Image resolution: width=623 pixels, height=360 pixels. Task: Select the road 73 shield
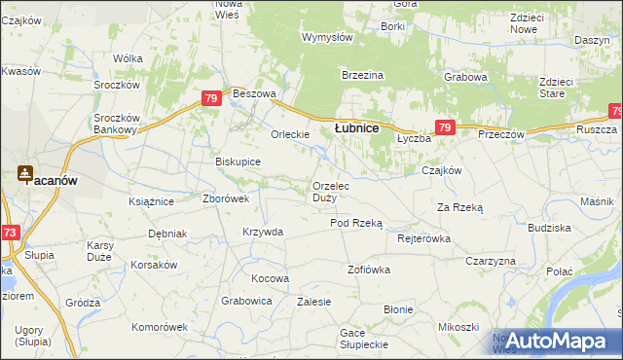10,233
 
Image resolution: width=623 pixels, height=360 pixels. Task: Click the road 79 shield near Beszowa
211,98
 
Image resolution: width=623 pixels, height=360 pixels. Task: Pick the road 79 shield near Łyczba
445,127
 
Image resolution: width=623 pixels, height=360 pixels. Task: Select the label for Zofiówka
368,269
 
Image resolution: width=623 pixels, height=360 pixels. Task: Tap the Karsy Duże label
101,249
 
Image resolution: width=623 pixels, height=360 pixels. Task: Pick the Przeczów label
501,134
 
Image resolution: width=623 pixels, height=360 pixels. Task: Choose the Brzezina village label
363,75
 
